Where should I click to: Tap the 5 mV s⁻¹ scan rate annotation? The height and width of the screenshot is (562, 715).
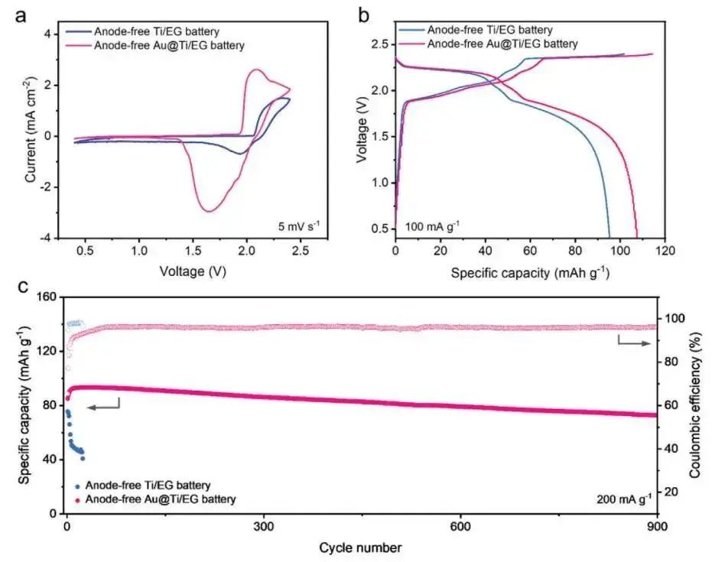301,226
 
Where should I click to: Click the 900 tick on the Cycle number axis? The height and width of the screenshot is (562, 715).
657,528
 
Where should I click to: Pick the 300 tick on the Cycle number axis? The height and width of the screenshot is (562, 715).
263,528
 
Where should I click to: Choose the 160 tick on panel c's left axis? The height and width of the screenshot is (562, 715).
47,297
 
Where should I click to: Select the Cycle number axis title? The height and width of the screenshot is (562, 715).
360,547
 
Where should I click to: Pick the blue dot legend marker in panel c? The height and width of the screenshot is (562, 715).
76,486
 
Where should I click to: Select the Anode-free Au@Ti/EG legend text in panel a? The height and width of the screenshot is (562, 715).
169,46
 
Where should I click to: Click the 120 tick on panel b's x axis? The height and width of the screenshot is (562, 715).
665,250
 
